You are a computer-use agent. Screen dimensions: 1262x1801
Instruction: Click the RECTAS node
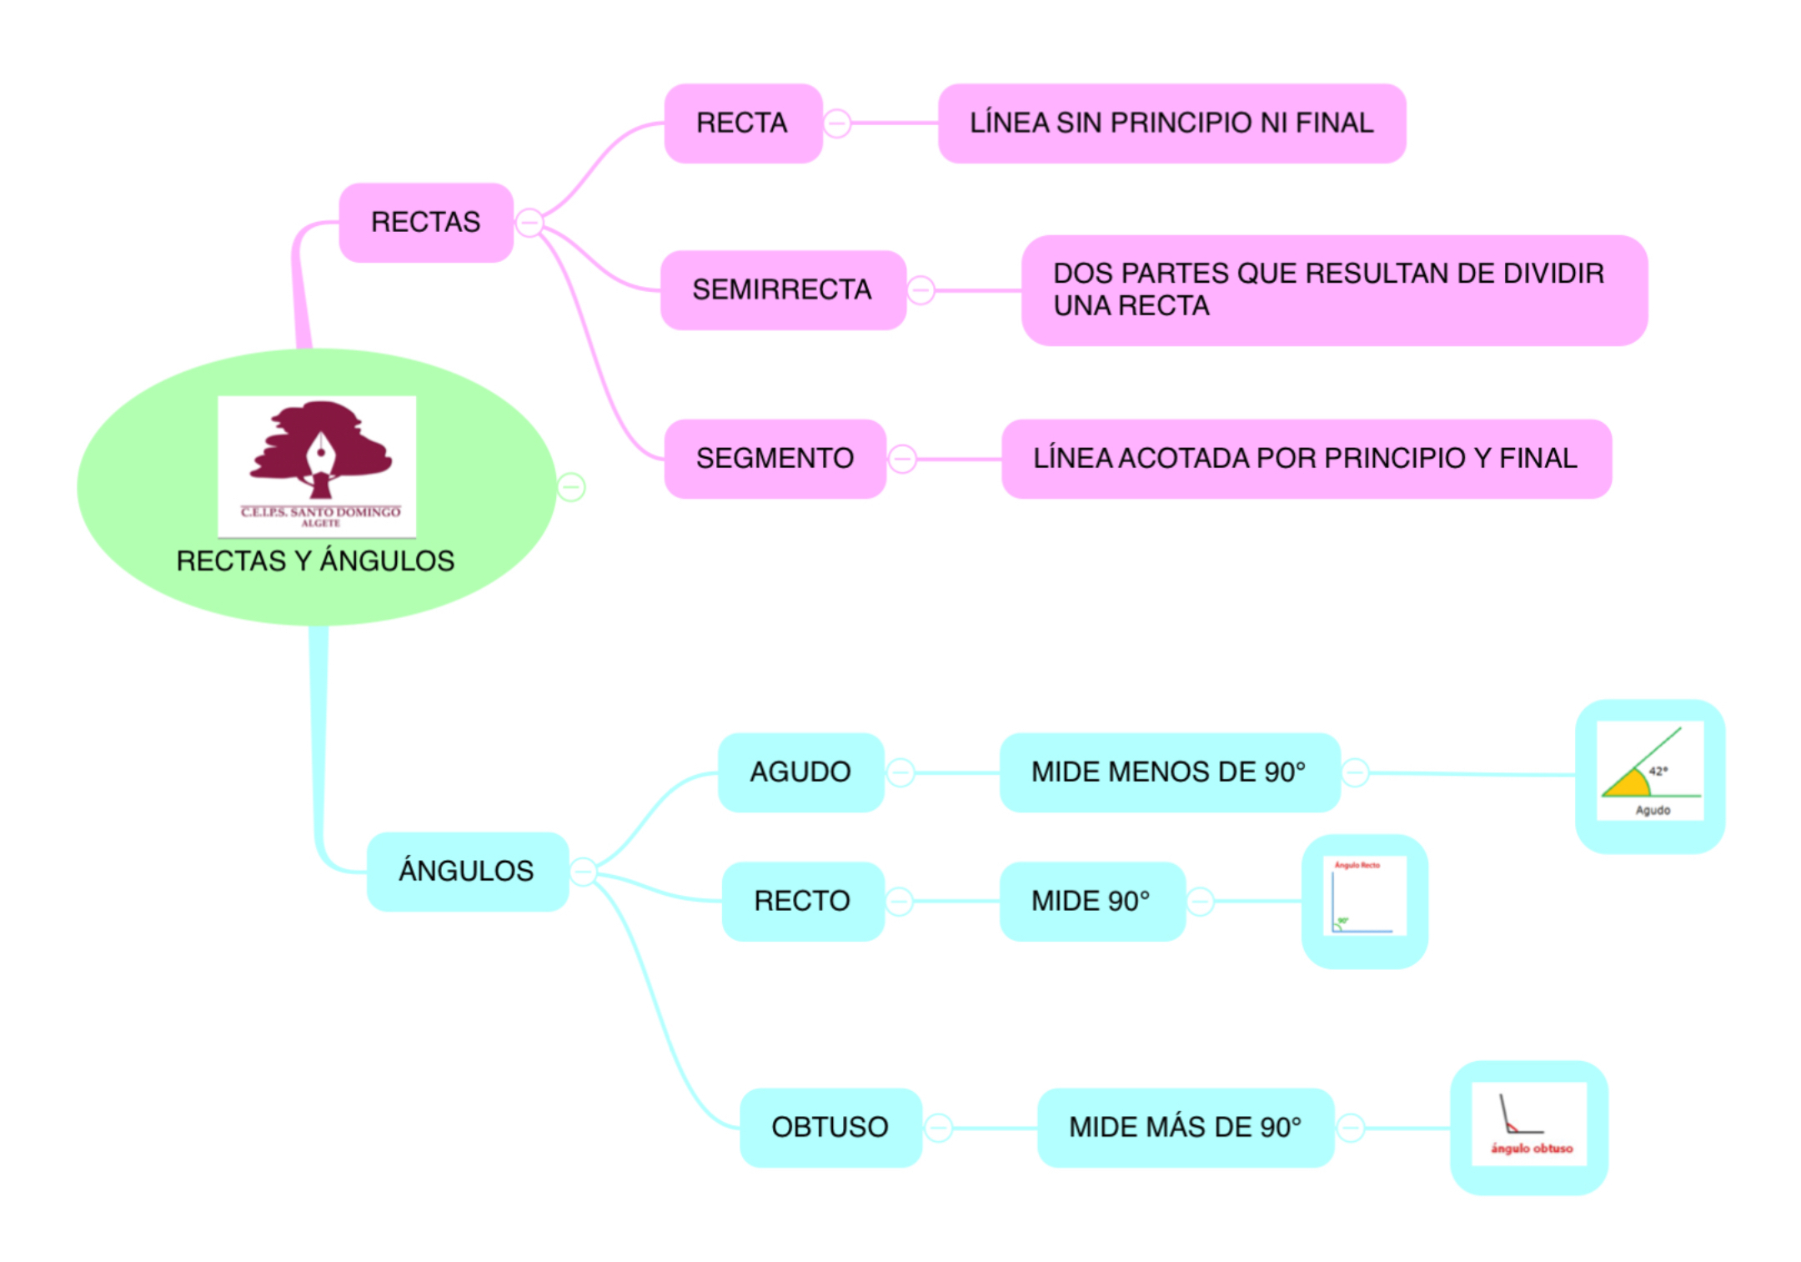coord(425,222)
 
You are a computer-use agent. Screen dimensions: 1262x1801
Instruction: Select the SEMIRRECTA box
coord(782,289)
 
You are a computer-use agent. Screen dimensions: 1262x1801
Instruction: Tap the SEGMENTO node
coord(775,458)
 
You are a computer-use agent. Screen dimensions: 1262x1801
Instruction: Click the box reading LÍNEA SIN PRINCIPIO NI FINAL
coord(1171,123)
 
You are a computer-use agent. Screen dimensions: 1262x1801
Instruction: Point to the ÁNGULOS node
coord(466,871)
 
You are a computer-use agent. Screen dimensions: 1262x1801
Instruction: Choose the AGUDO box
coord(800,772)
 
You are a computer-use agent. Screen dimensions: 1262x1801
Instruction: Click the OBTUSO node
coord(830,1127)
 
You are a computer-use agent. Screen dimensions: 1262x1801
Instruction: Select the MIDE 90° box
coord(1091,901)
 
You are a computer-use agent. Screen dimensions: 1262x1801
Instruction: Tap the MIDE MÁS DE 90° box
coord(1185,1127)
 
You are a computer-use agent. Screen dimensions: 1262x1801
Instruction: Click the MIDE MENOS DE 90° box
coord(1168,772)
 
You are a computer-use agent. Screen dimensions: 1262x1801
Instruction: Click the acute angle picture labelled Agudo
coord(1649,772)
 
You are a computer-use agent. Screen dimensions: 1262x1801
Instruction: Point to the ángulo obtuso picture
coord(1528,1123)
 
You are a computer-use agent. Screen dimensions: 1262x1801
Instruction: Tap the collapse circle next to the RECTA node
coord(837,123)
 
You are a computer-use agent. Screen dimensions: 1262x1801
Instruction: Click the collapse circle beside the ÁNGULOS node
coord(583,872)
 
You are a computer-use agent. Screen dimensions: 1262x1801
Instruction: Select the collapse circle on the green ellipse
coord(571,486)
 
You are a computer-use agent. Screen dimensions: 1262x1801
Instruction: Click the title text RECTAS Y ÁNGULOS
coord(315,561)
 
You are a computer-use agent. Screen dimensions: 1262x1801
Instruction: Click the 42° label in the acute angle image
coord(1658,771)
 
